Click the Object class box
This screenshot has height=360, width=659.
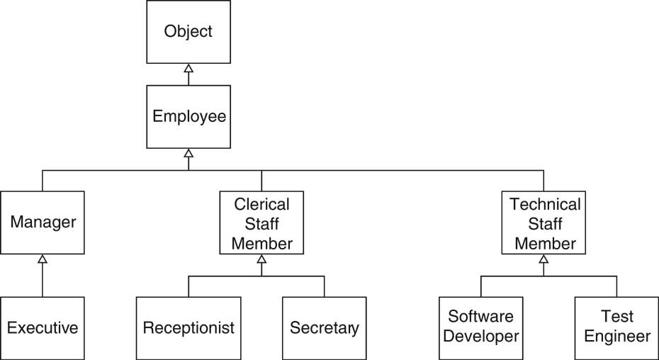pos(188,32)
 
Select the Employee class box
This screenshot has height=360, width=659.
pos(188,116)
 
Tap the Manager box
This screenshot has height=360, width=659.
pos(43,223)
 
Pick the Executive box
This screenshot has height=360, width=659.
pos(43,328)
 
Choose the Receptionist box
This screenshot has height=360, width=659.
pos(188,328)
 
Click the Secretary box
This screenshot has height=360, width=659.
pos(325,328)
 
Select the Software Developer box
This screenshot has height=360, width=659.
pos(482,327)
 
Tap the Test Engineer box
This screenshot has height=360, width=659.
pos(616,327)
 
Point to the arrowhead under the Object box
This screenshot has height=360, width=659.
pos(188,68)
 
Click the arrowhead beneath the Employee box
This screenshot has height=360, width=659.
pos(188,152)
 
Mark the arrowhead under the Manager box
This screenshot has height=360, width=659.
pos(43,259)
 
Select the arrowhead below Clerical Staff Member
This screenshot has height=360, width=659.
pos(261,259)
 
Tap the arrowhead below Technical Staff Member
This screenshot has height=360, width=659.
pos(543,259)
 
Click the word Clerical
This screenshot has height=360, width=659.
pos(261,205)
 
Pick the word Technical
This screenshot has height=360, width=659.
pos(544,205)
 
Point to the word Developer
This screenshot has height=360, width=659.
pos(482,336)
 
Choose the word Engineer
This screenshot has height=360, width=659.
pos(616,336)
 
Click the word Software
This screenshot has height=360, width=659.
pos(482,316)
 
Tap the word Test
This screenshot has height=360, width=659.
pos(616,316)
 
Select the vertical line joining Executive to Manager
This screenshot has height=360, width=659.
pos(43,280)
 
